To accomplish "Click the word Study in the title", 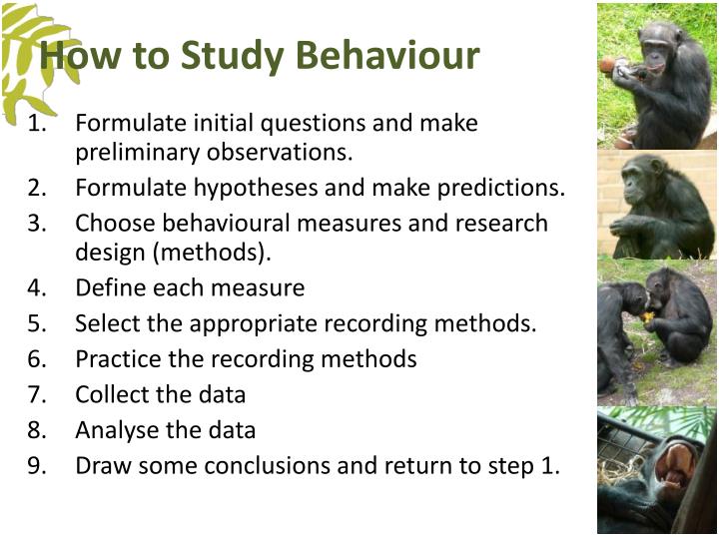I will pos(240,56).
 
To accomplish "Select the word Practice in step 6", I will pos(115,359).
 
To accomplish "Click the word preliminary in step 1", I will pos(136,153).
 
